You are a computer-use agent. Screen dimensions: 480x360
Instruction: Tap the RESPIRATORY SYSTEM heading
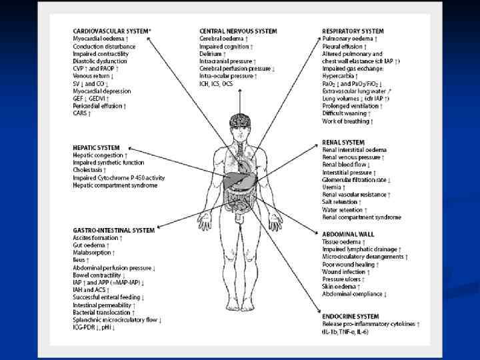point(353,31)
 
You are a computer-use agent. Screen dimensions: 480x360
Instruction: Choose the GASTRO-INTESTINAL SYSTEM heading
point(113,230)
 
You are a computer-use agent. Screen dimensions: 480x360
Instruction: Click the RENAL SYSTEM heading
point(343,142)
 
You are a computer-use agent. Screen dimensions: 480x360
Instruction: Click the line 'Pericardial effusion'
point(99,106)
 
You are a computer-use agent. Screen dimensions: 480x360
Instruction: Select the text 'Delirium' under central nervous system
point(213,53)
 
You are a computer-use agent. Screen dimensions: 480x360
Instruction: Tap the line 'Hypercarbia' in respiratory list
point(341,76)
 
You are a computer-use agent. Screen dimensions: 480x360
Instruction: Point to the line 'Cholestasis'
point(91,170)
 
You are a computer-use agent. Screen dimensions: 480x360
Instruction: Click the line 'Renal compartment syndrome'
point(361,217)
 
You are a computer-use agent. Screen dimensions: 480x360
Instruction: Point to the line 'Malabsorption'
point(94,253)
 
